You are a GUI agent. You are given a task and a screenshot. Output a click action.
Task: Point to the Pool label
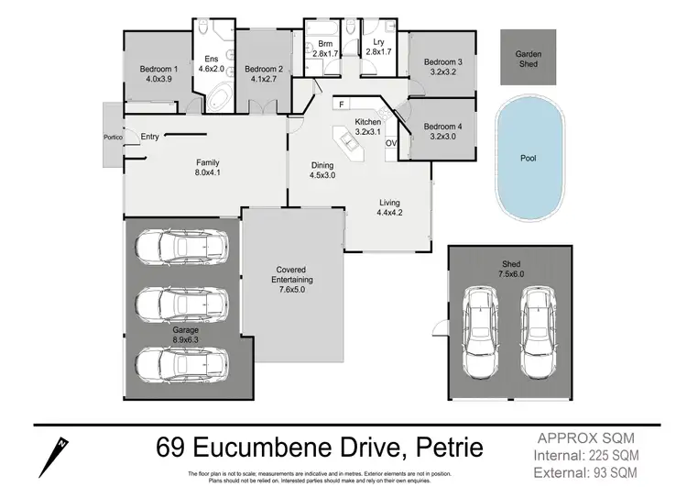click(528, 158)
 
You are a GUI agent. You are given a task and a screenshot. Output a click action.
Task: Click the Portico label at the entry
click(113, 138)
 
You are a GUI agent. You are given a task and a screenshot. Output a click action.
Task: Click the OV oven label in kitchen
click(390, 143)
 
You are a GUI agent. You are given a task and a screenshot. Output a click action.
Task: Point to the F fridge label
click(341, 105)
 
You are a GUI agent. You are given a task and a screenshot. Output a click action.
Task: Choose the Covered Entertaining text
click(295, 275)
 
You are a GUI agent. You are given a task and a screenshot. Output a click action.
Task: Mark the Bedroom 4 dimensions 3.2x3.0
click(442, 137)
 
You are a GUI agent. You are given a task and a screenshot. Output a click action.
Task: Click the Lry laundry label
click(377, 43)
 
